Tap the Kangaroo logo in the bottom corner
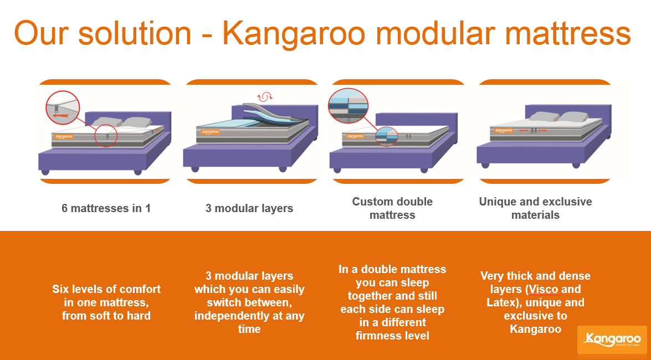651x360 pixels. pos(612,340)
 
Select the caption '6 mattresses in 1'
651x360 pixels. pos(106,208)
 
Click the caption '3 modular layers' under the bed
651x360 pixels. pos(249,208)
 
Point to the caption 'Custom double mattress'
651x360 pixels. pos(392,208)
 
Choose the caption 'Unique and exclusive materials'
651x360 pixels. pos(535,208)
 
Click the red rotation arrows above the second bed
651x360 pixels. pos(264,97)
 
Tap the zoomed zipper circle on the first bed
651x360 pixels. pos(62,107)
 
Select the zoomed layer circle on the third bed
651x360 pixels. pos(348,106)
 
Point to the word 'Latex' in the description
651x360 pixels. pos(501,302)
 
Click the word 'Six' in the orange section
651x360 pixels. pos(60,289)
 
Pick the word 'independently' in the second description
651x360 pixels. pos(232,316)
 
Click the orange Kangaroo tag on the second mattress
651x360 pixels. pos(210,132)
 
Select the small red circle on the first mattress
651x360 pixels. pos(105,135)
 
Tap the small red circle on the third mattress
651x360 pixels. pos(387,137)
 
